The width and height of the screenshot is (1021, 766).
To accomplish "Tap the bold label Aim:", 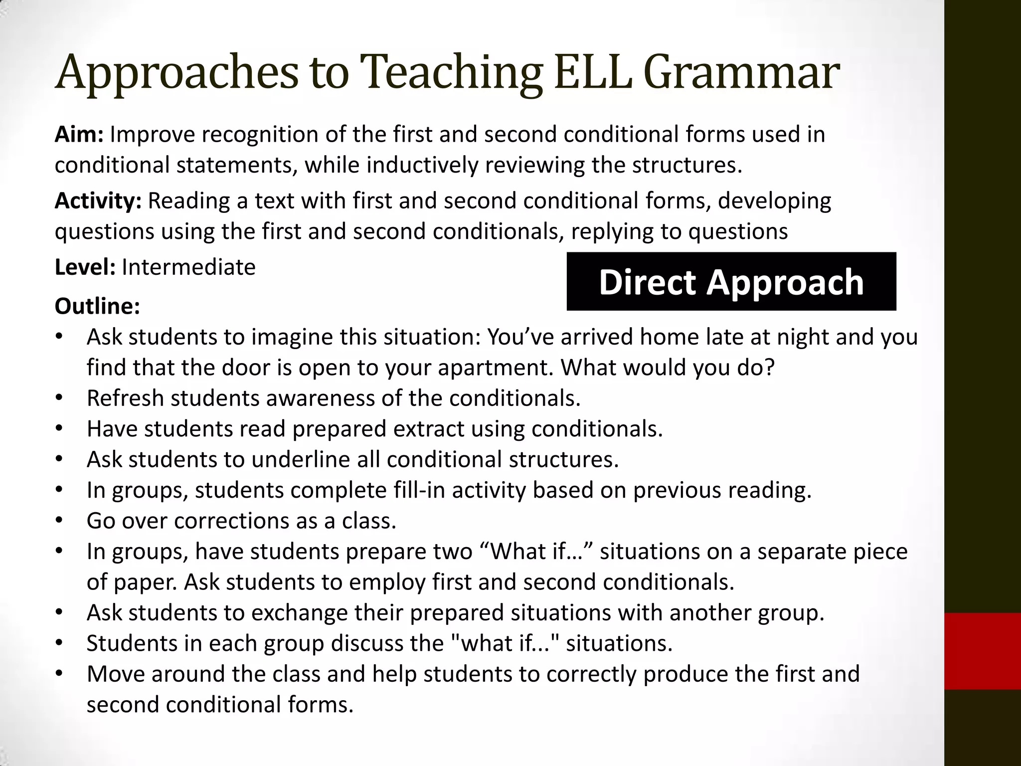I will point(79,135).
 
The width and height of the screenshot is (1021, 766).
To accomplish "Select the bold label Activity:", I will point(98,201).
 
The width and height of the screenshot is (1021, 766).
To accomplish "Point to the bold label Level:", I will point(85,267).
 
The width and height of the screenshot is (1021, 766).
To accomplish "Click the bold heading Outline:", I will point(97,306).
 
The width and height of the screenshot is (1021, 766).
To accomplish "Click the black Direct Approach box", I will point(731,282).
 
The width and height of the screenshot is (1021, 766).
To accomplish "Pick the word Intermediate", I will point(188,267).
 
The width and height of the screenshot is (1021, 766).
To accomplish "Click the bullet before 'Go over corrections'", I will point(59,521).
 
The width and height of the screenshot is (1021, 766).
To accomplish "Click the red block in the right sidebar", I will point(982,651).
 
